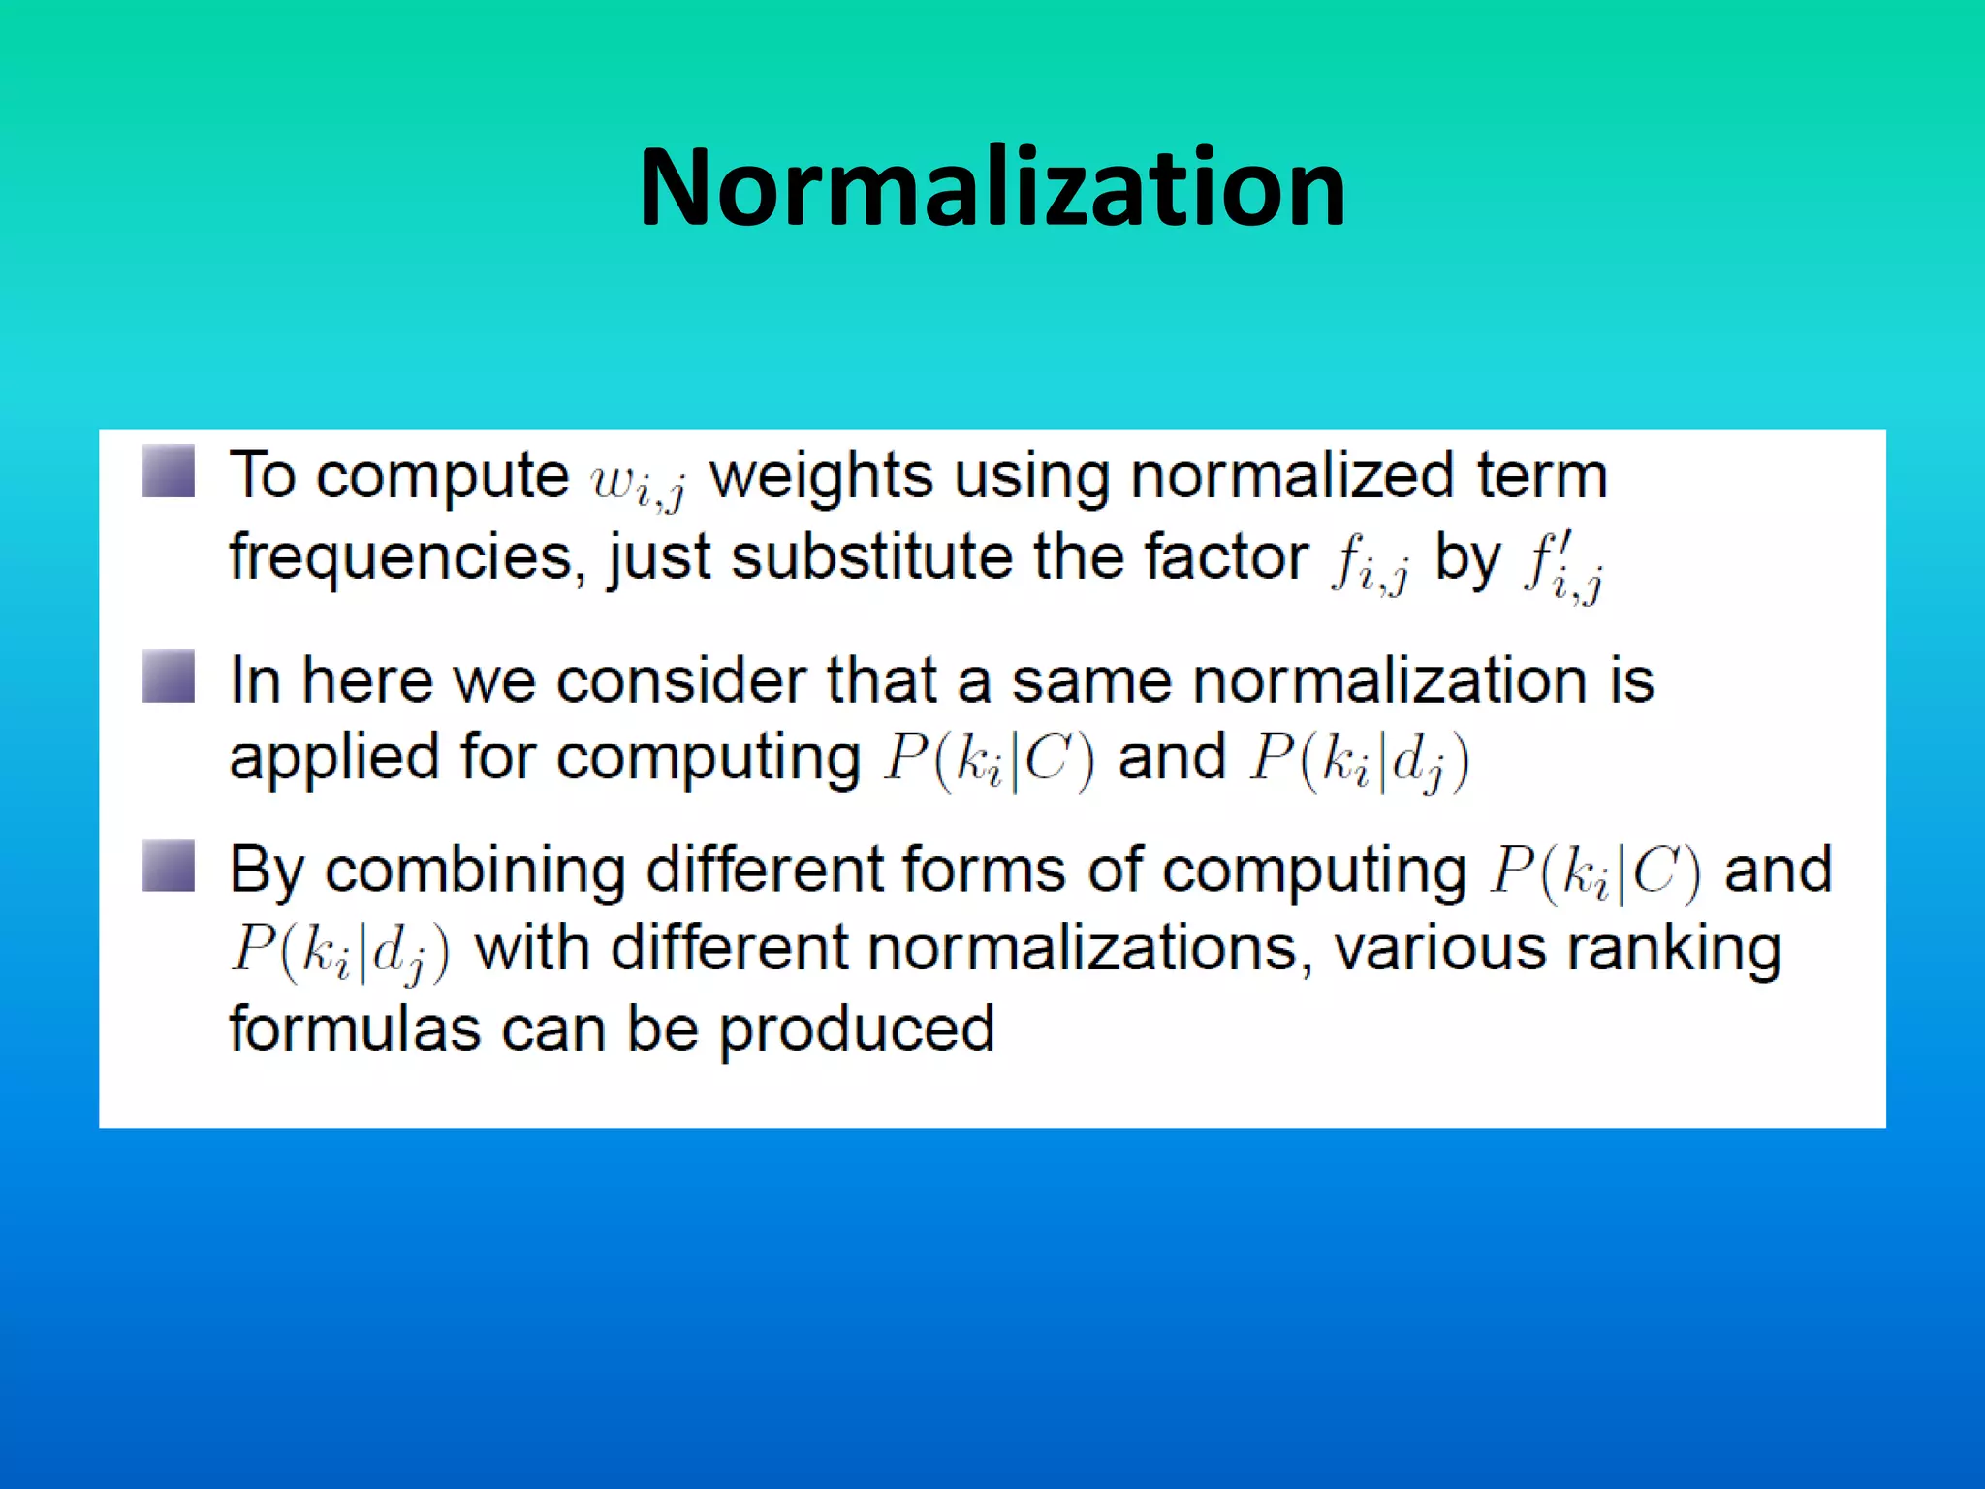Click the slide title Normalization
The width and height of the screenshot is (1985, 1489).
click(992, 188)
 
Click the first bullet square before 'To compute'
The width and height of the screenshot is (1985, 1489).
click(169, 472)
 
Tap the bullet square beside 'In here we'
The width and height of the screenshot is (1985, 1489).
click(169, 677)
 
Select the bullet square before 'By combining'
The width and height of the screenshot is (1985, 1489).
click(169, 866)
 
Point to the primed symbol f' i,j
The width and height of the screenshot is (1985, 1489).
click(1562, 568)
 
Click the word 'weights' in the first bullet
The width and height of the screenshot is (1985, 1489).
click(821, 477)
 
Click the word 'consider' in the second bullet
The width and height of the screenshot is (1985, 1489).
click(681, 681)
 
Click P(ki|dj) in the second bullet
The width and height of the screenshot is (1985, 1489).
click(1359, 761)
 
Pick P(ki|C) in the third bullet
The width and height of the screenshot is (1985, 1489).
click(1594, 872)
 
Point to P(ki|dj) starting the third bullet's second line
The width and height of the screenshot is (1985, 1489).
click(340, 953)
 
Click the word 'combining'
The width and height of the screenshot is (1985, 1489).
click(475, 871)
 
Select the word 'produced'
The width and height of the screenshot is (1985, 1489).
click(856, 1030)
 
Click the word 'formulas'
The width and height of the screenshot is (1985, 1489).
click(354, 1029)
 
